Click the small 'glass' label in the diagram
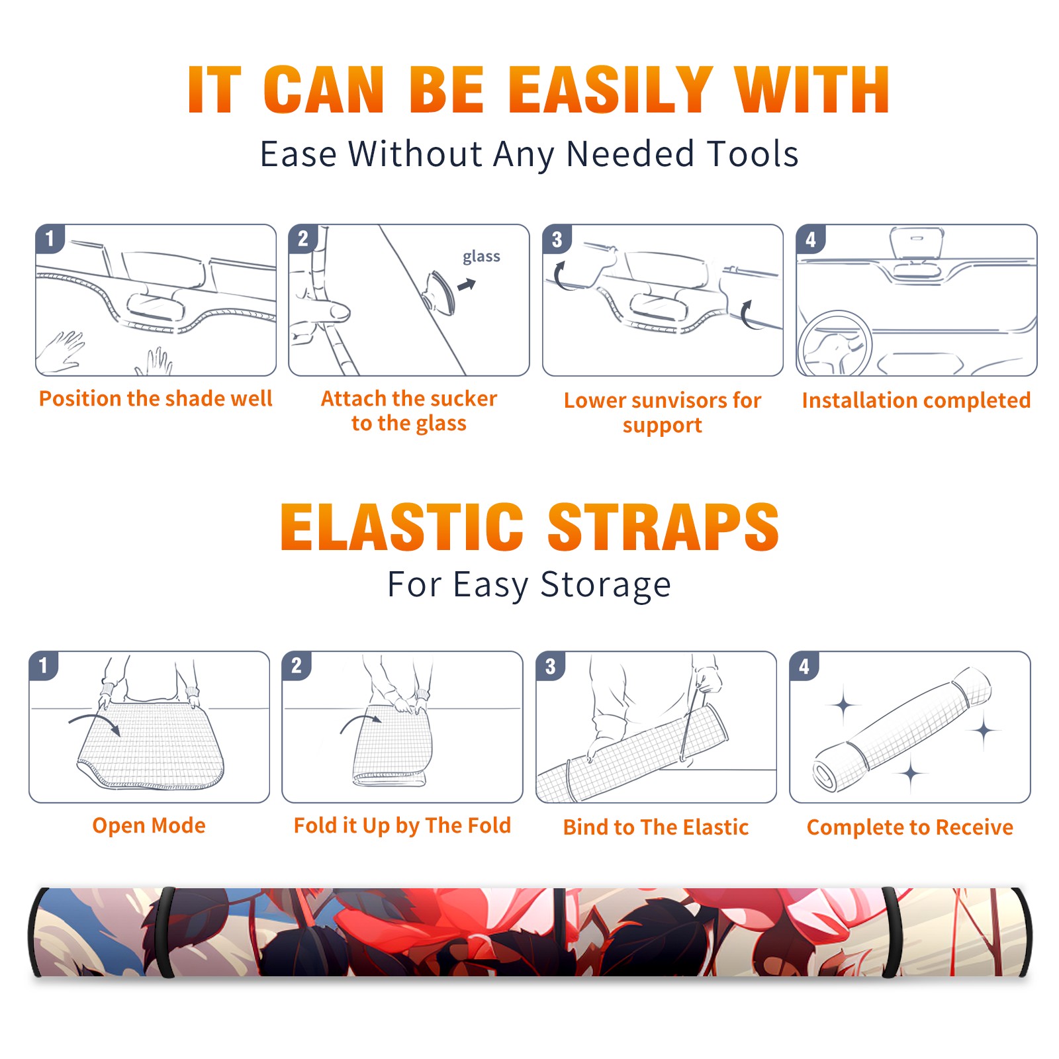click(481, 257)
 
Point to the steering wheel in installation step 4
click(835, 344)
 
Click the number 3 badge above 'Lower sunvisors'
click(557, 240)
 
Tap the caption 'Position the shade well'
click(156, 398)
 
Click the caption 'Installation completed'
click(916, 400)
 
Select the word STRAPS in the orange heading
click(663, 527)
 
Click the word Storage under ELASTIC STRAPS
click(606, 585)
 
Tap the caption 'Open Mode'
click(149, 825)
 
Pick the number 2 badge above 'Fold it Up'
click(296, 666)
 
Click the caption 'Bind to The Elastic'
click(656, 827)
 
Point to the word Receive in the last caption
click(974, 827)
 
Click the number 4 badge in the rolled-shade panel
click(804, 666)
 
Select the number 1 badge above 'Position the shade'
click(50, 238)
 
